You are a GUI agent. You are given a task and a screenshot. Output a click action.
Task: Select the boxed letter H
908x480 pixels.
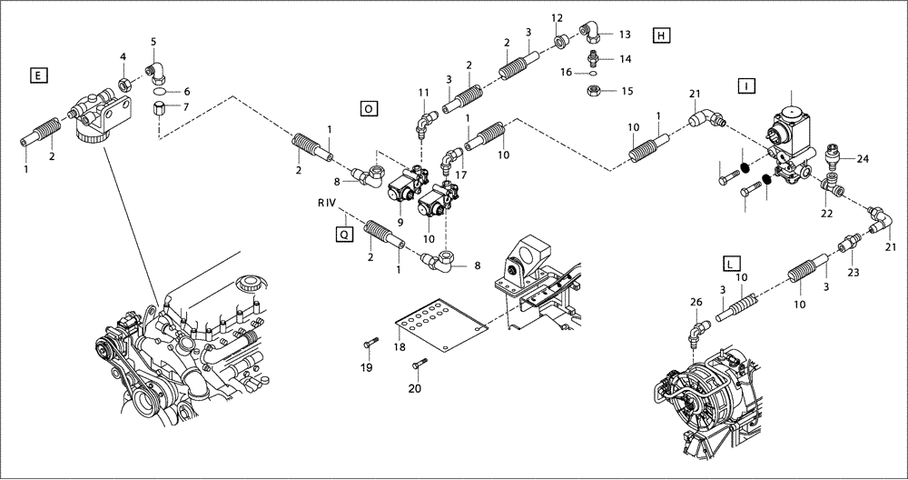point(660,35)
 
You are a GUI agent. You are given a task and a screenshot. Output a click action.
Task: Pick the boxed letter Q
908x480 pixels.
point(343,234)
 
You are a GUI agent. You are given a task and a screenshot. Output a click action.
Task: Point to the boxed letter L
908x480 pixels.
point(729,264)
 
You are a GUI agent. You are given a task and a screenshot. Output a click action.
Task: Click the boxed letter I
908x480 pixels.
point(745,86)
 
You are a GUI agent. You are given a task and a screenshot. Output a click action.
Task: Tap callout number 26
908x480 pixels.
point(696,302)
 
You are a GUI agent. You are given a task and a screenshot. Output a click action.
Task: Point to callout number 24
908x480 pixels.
point(863,159)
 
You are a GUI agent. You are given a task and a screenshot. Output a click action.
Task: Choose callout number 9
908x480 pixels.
point(400,220)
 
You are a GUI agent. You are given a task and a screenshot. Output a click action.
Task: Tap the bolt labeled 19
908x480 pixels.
point(368,345)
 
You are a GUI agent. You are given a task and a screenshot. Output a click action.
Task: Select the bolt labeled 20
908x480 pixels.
point(419,365)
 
